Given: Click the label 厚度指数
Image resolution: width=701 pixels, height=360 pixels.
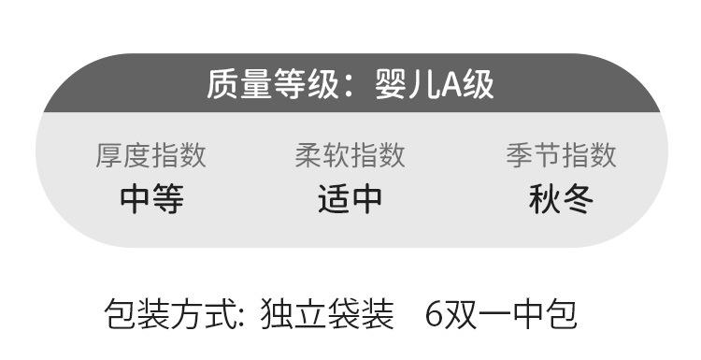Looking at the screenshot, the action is pos(150,155).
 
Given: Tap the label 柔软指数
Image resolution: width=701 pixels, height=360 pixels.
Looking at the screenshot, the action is pos(350,155).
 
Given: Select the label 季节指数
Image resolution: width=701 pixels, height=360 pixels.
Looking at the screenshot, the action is pos(561,155).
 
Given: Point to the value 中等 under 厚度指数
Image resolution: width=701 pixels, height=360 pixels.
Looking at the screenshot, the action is pos(151,199).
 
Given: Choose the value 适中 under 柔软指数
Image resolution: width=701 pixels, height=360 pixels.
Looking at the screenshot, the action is pos(350,199).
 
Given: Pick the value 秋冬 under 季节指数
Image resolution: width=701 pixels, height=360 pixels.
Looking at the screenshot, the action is pos(561,199).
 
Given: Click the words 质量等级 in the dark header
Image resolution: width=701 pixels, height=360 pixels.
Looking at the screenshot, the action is pos(273,84).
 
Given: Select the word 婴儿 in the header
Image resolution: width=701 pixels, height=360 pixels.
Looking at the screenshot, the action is pos(408,84).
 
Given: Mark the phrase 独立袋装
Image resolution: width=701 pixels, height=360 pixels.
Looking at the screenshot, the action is pos(327,315).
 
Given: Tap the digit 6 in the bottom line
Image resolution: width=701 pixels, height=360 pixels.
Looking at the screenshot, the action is pos(434,315).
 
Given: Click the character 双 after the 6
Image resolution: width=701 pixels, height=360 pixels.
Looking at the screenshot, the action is pos(460,315).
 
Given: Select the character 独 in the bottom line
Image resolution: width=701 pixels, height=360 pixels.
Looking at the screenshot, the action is pos(278,315).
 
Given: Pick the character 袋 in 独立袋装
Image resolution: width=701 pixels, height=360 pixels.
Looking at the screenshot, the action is pos(344,315).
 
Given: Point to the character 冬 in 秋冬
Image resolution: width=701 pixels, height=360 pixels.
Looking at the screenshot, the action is pos(578,199).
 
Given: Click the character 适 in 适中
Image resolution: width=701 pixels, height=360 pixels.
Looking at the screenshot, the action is pos(334,199).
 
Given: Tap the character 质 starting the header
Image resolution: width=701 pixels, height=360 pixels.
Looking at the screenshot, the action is pos(223,84).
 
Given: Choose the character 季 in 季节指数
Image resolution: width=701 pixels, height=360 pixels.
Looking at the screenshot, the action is pos(520,155).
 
